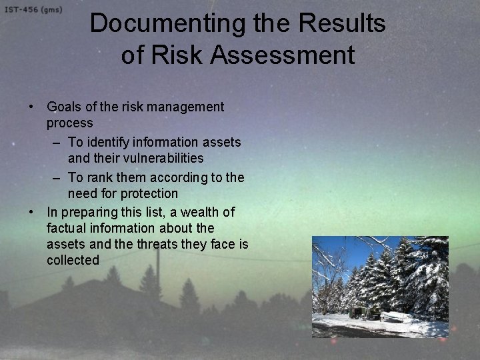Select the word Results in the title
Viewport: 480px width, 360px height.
point(342,24)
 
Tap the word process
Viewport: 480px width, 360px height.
point(69,124)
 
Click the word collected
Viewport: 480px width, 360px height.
point(73,260)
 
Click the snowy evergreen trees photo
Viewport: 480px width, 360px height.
point(380,287)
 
